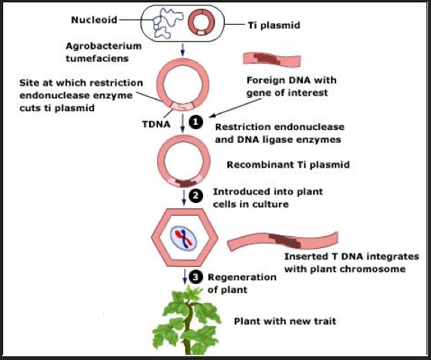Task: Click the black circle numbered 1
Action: pos(196,120)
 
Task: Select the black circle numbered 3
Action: pos(196,277)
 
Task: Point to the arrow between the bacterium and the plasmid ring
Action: pos(184,50)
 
